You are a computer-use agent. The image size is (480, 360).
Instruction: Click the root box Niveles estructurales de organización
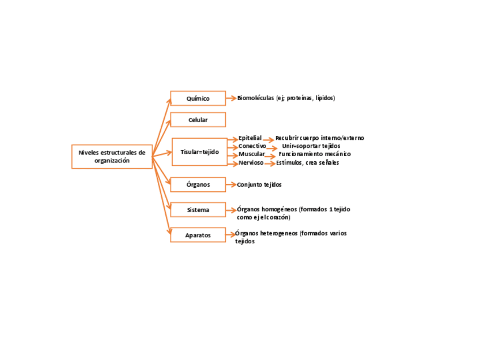point(112,156)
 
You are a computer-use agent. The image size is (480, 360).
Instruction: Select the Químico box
point(198,98)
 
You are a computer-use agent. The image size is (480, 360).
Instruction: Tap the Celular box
point(198,120)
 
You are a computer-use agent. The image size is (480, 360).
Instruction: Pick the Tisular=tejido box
point(199,152)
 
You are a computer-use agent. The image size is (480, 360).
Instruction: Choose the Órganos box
point(198,185)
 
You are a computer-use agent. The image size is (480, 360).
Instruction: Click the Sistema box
point(198,210)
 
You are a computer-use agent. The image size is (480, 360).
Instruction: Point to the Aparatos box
point(198,235)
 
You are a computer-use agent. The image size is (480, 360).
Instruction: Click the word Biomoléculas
point(255,98)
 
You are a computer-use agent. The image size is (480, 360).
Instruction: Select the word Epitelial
point(250,138)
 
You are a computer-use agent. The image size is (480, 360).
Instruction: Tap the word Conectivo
point(252,146)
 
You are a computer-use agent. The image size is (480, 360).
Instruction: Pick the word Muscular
point(251,154)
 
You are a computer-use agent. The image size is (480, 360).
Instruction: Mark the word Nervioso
point(251,163)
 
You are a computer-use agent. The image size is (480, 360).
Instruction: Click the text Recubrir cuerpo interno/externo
point(320,138)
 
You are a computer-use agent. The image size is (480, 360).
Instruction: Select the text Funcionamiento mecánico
point(315,154)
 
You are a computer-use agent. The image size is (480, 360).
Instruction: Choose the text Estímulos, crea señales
point(307,163)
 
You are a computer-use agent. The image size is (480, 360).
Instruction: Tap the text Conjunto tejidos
point(259,185)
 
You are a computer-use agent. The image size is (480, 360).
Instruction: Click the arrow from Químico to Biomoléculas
point(231,98)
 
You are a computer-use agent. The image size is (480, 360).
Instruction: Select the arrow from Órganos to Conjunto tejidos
point(231,185)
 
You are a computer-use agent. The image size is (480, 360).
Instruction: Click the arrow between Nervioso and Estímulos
point(269,164)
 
